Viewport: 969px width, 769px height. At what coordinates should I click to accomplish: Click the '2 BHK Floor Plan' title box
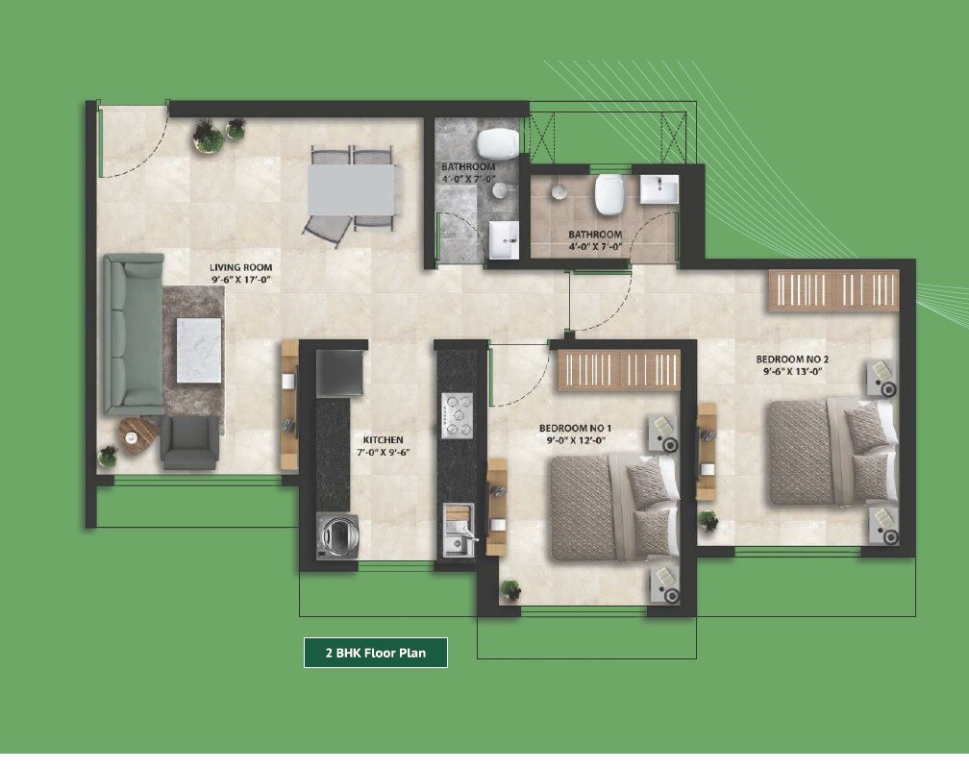click(376, 653)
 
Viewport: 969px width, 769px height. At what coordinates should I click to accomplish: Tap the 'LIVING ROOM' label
click(241, 267)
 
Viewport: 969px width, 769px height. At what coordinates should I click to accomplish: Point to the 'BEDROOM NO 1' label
click(575, 427)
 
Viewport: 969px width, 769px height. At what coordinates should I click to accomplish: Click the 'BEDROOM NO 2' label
click(792, 360)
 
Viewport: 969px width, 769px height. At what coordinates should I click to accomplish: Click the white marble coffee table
click(199, 350)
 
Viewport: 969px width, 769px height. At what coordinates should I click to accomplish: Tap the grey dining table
click(351, 190)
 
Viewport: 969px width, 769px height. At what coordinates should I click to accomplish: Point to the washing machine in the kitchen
click(338, 535)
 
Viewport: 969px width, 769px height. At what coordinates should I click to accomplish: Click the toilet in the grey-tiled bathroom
click(498, 143)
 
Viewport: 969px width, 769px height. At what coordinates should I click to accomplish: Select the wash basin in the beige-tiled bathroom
click(659, 188)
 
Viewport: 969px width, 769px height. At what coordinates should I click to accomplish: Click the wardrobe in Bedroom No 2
click(832, 290)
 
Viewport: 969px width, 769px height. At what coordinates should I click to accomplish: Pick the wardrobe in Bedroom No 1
click(619, 370)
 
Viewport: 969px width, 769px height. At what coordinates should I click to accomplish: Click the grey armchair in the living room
click(188, 442)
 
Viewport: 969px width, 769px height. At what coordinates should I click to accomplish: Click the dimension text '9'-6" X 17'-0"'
click(241, 280)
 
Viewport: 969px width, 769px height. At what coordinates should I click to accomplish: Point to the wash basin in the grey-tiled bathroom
click(503, 239)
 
